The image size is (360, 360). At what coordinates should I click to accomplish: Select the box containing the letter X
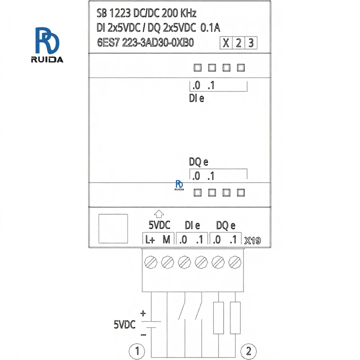coord(226,43)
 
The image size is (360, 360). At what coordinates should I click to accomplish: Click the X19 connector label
coord(252,241)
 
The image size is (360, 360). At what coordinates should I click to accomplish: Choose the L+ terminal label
coord(149,240)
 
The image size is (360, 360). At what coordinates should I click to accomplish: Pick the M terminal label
coord(166,240)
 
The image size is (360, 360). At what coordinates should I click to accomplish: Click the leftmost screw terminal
coord(151,261)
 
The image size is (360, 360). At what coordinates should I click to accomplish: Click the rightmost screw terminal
coord(234,261)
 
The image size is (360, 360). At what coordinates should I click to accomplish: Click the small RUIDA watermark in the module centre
coord(179,186)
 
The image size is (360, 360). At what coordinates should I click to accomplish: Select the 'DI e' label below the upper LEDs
coord(197,98)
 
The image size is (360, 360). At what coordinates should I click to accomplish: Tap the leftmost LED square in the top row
coord(197,68)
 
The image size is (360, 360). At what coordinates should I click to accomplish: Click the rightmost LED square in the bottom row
coord(240,193)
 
